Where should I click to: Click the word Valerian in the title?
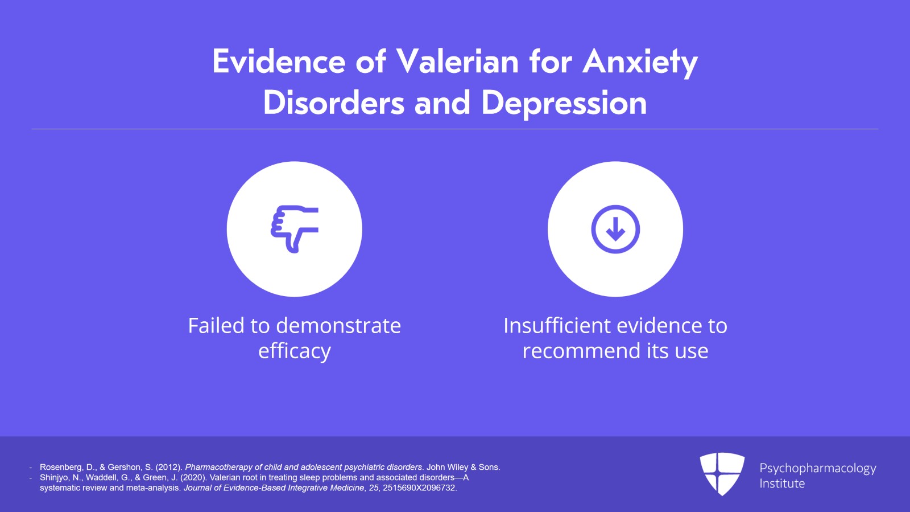pos(457,62)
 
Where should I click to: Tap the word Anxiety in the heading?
pos(640,63)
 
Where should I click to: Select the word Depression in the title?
pos(564,104)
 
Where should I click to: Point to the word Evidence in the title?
pos(279,62)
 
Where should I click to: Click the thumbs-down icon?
pos(295,229)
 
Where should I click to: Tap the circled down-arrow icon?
pos(615,229)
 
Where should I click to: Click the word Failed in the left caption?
pos(216,325)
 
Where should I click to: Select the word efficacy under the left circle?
pos(295,351)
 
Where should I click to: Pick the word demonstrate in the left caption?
pos(338,326)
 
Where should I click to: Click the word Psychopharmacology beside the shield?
pos(818,469)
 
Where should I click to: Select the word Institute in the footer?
pos(782,484)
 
